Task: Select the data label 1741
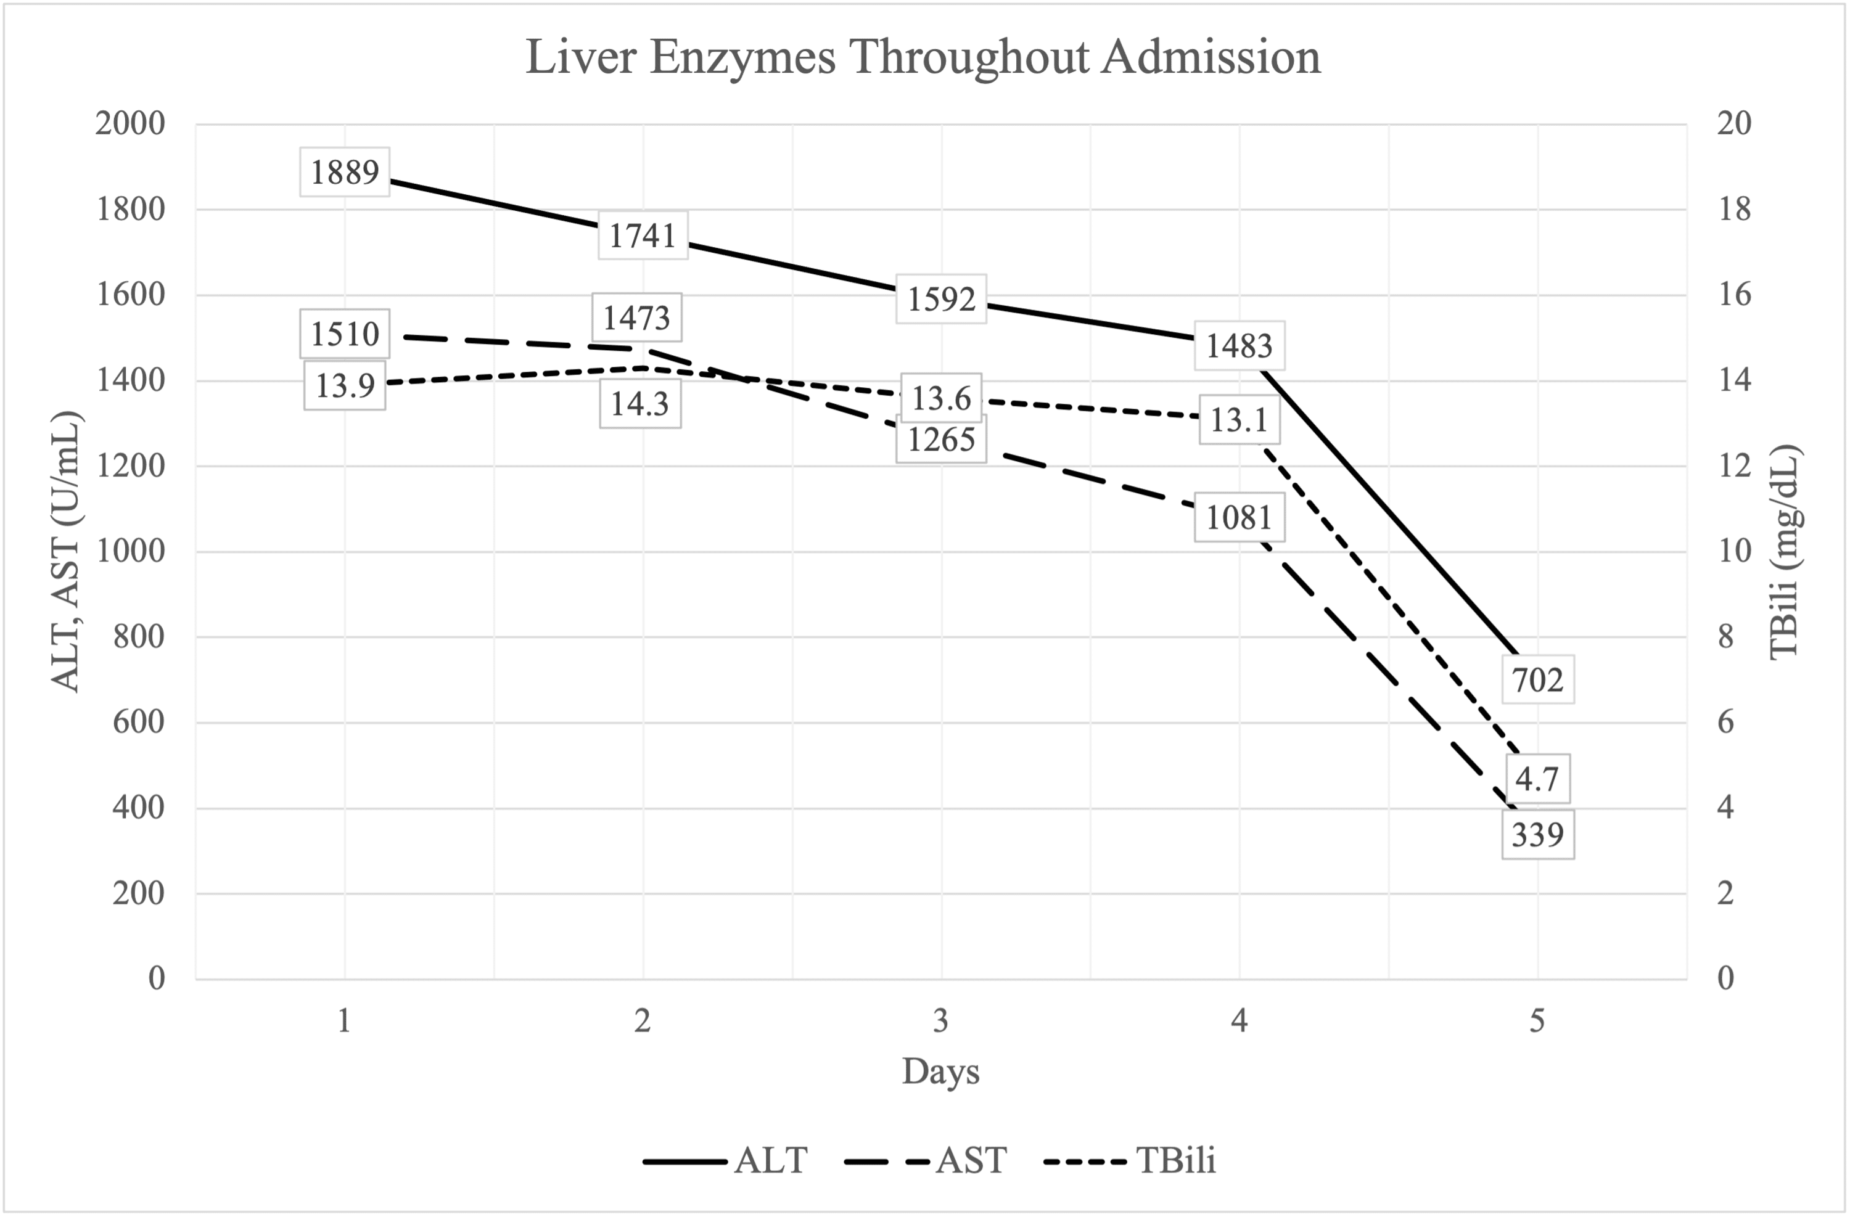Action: click(x=642, y=235)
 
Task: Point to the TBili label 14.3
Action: click(x=639, y=404)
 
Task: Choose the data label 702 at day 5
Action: click(x=1537, y=680)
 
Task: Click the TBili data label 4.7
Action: click(x=1537, y=778)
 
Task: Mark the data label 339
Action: click(x=1537, y=835)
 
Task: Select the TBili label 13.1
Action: click(x=1239, y=420)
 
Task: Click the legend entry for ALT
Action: click(x=770, y=1161)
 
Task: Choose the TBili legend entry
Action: click(x=1175, y=1161)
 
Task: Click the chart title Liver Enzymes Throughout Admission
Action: click(x=923, y=57)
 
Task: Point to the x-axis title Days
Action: click(x=940, y=1072)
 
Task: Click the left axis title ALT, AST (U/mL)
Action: click(x=66, y=552)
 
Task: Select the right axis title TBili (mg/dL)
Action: click(x=1785, y=552)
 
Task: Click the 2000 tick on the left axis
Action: click(x=131, y=123)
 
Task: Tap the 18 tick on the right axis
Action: click(x=1735, y=209)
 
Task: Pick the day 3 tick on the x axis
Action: click(x=940, y=1021)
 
